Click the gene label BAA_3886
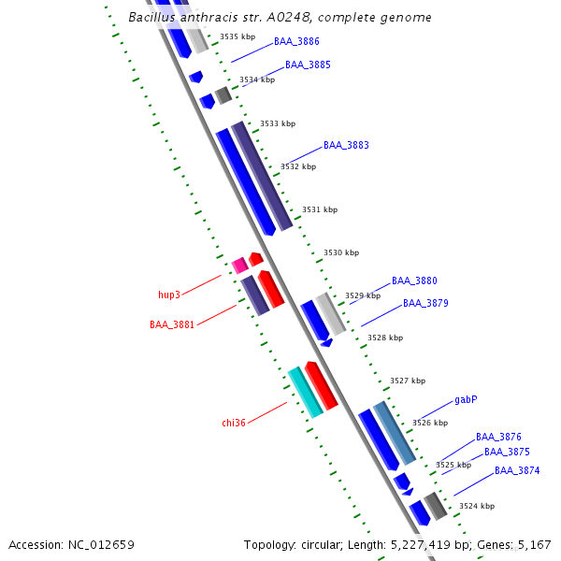point(296,42)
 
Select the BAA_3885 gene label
point(308,65)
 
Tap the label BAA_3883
point(346,146)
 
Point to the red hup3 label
point(169,295)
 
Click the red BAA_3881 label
point(172,325)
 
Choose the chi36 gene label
point(234,424)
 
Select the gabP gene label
point(466,399)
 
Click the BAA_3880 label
point(414,281)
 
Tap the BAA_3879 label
point(425,304)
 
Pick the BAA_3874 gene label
point(517,471)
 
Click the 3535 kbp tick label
point(237,37)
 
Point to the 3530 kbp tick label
point(340,253)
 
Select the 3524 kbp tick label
point(476,507)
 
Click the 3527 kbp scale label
point(408,381)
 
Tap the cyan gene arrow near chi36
point(305,392)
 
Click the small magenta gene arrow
point(239,266)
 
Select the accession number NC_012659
point(100,545)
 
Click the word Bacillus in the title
point(152,17)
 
